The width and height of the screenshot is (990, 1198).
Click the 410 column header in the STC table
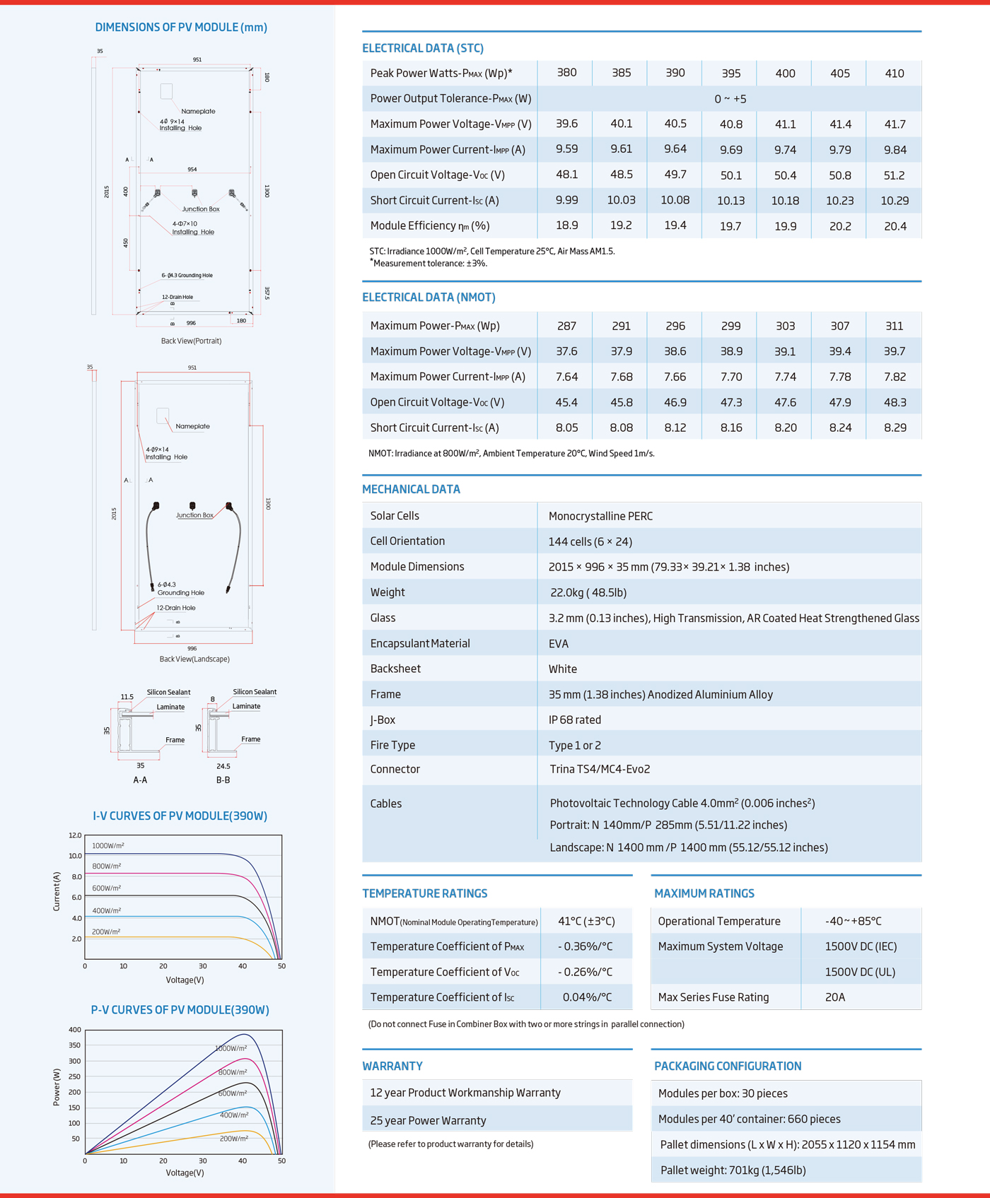894,73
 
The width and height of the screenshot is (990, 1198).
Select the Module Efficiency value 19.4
675,225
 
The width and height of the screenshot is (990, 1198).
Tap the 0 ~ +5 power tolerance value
730,99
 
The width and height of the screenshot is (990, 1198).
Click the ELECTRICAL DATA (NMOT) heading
429,298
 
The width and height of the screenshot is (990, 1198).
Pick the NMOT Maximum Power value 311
894,326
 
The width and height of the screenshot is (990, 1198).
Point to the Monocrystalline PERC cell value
600,516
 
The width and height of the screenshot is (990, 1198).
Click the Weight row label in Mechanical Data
388,592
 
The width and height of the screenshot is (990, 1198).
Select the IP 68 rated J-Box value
574,720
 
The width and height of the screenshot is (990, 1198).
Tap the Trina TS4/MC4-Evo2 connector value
600,769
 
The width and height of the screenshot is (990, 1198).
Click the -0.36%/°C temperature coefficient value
585,946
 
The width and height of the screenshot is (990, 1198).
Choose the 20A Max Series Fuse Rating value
835,997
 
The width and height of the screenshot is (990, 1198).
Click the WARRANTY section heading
392,1066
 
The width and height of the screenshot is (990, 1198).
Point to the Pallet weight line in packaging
733,1170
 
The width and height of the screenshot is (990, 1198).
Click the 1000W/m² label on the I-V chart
108,845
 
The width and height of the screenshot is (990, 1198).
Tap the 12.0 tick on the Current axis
75,835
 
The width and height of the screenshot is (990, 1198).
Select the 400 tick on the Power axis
75,1030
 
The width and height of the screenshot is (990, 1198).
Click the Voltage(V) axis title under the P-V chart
185,1173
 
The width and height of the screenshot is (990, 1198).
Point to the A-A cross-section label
140,780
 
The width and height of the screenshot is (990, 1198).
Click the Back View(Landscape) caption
194,659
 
